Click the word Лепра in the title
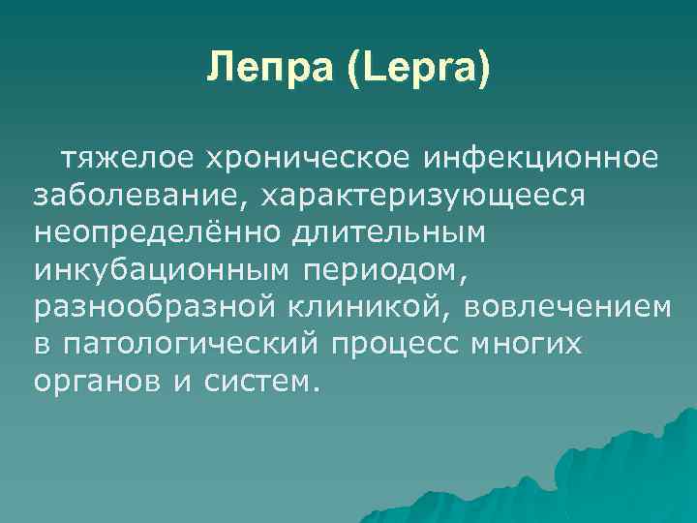[x=263, y=70]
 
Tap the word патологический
[x=189, y=344]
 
